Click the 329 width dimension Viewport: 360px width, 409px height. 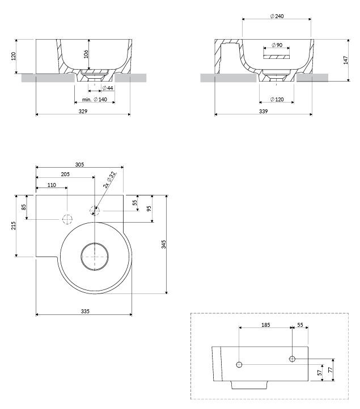tap(83, 111)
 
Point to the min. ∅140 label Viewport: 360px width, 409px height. tap(94, 99)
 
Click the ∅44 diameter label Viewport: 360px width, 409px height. tap(107, 88)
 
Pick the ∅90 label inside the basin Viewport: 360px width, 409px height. tap(277, 45)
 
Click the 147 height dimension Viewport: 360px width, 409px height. tap(346, 60)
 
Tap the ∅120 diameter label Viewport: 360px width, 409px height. tap(277, 99)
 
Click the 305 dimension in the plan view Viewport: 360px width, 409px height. tap(79, 164)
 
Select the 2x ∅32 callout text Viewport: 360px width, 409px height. tap(109, 180)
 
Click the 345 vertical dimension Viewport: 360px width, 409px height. tap(163, 244)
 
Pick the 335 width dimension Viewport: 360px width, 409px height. tap(84, 311)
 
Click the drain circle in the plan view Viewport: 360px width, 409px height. tap(95, 255)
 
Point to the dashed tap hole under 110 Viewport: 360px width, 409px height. tap(67, 219)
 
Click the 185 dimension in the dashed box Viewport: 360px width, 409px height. tap(265, 325)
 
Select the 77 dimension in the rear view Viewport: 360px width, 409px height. tap(331, 370)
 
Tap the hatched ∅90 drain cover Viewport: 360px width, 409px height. tap(276, 57)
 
